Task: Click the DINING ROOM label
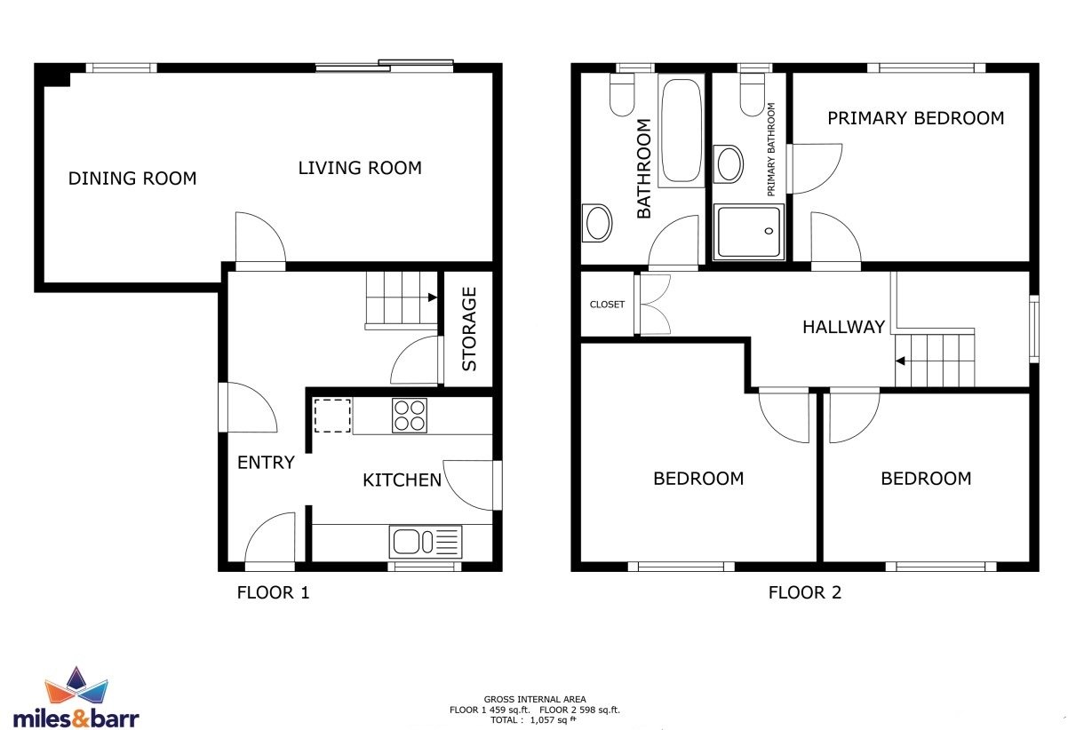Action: (132, 179)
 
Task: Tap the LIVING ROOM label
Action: (360, 168)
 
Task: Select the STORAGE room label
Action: (469, 329)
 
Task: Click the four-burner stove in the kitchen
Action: (410, 416)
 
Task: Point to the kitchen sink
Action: (426, 542)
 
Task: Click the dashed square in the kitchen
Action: (332, 416)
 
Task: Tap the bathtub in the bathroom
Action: (681, 131)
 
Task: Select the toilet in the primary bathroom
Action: (753, 94)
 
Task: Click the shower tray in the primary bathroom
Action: (749, 232)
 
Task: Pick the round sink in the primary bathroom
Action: (729, 164)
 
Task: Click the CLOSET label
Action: (607, 305)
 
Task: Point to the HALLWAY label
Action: (844, 327)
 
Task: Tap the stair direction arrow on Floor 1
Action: (433, 298)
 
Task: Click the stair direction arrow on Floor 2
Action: (900, 361)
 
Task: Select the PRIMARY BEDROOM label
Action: (916, 118)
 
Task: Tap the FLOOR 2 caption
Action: (805, 592)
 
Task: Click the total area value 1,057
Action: (543, 720)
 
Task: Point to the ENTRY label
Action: (266, 462)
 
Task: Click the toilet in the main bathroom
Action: (622, 94)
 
